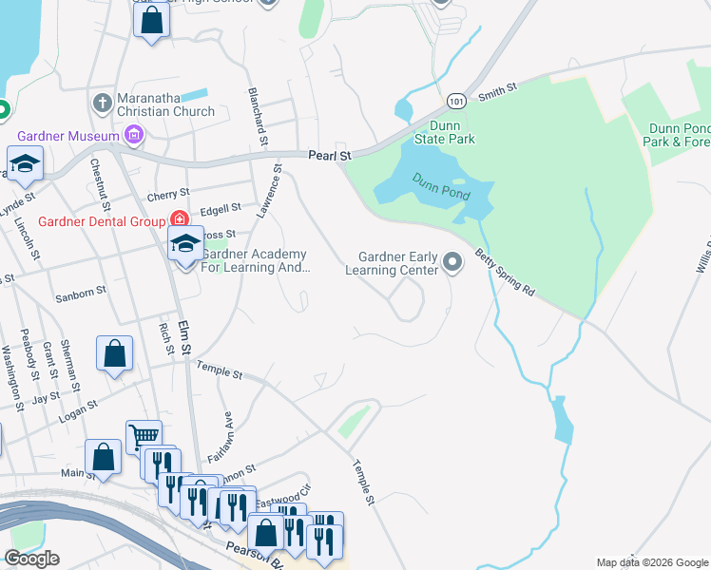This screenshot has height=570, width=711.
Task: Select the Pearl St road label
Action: [330, 155]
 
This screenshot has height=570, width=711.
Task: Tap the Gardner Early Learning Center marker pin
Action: [453, 260]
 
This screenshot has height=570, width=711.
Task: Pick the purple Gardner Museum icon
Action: [134, 135]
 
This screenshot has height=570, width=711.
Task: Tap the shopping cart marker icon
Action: [144, 436]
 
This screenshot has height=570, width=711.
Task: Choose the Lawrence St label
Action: [272, 193]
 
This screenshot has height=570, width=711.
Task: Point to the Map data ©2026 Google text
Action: [651, 562]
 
